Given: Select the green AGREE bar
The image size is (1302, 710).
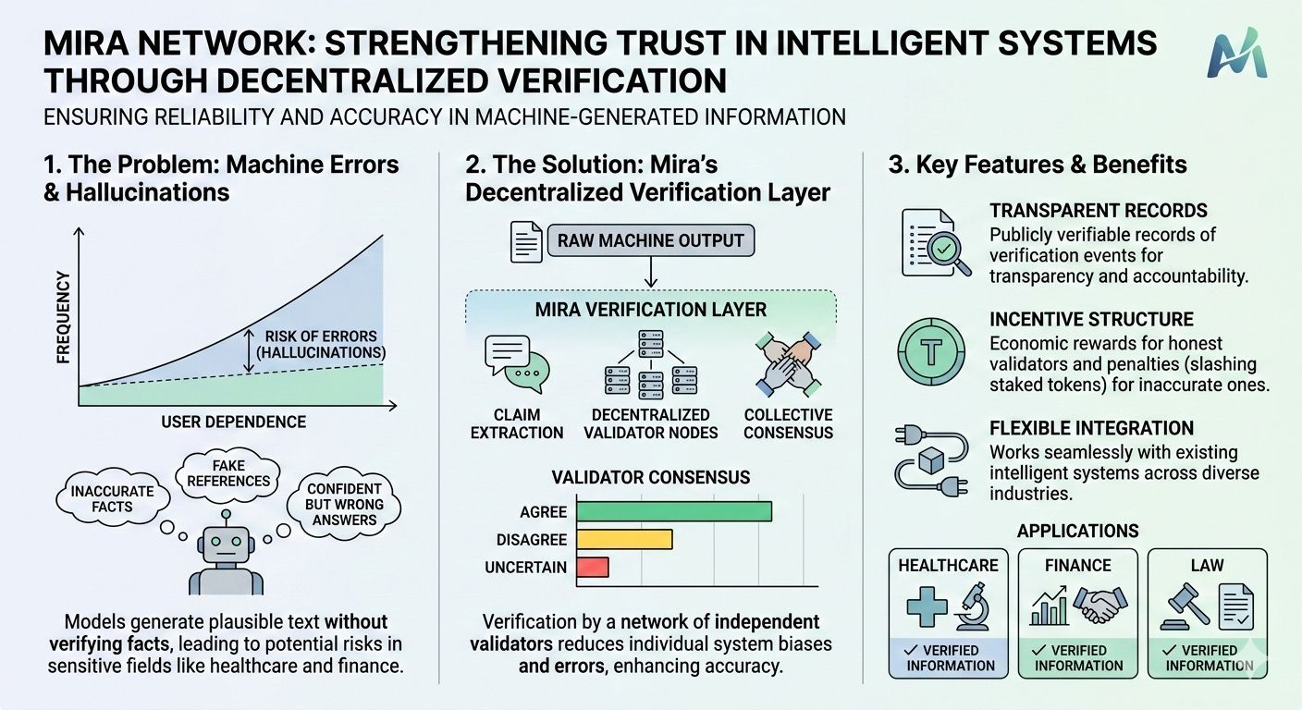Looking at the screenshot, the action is [x=673, y=510].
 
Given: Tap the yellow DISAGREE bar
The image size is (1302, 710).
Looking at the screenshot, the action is [x=623, y=539].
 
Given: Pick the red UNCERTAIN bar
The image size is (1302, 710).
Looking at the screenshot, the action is [x=592, y=567].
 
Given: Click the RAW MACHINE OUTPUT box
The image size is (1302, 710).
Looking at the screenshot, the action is [x=650, y=240].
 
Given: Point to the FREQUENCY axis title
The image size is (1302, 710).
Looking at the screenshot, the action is [x=64, y=317].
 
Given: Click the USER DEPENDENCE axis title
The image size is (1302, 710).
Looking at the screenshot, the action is [x=233, y=422].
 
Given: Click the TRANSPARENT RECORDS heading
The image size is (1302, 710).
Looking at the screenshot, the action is [x=1099, y=211].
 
